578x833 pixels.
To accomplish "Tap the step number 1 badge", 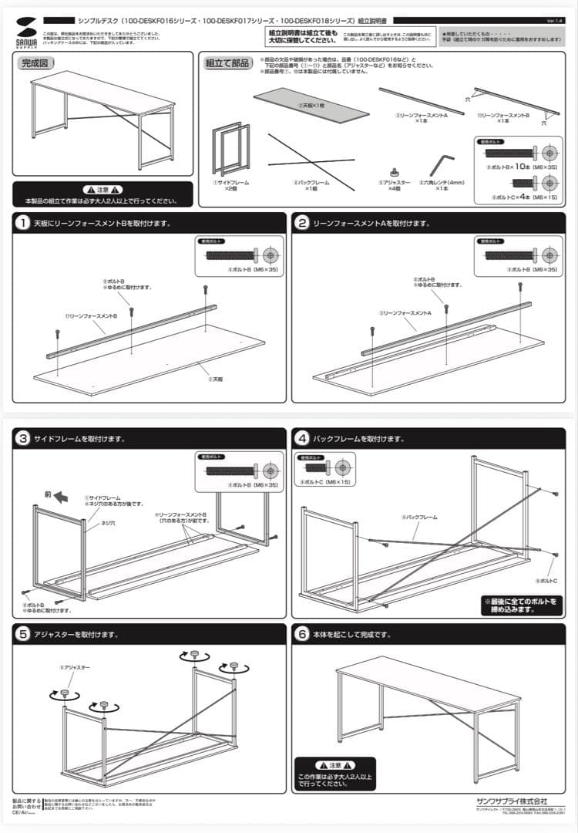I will coord(24,223).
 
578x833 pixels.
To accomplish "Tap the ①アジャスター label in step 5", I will coord(75,667).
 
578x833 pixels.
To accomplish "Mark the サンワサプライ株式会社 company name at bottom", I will coord(512,800).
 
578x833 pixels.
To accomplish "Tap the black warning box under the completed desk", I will coord(103,194).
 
